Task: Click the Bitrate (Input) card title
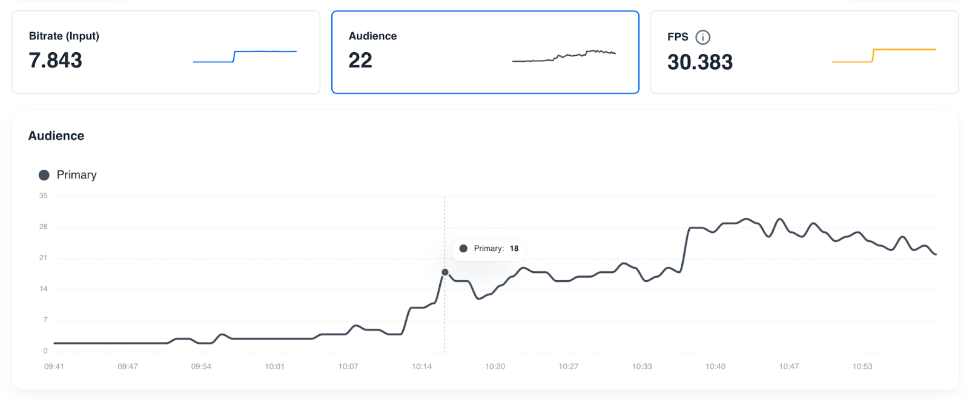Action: [x=64, y=36]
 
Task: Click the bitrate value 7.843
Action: [x=55, y=61]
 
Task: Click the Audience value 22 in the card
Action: [x=360, y=61]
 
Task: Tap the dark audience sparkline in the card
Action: [x=564, y=56]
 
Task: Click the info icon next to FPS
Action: [x=703, y=37]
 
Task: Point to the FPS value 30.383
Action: [x=699, y=62]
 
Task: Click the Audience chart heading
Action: [x=56, y=136]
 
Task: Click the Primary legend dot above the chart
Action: [x=44, y=175]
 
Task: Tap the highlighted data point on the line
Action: [x=445, y=272]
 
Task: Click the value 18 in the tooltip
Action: [x=514, y=249]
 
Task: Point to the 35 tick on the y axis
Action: [x=43, y=196]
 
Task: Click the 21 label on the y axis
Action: [x=43, y=258]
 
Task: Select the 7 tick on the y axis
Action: [x=45, y=320]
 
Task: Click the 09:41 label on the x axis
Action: [x=54, y=366]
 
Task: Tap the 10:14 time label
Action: [x=422, y=366]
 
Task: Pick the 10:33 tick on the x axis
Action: [x=642, y=366]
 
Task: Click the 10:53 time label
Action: [x=862, y=366]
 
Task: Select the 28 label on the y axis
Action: [x=43, y=227]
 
